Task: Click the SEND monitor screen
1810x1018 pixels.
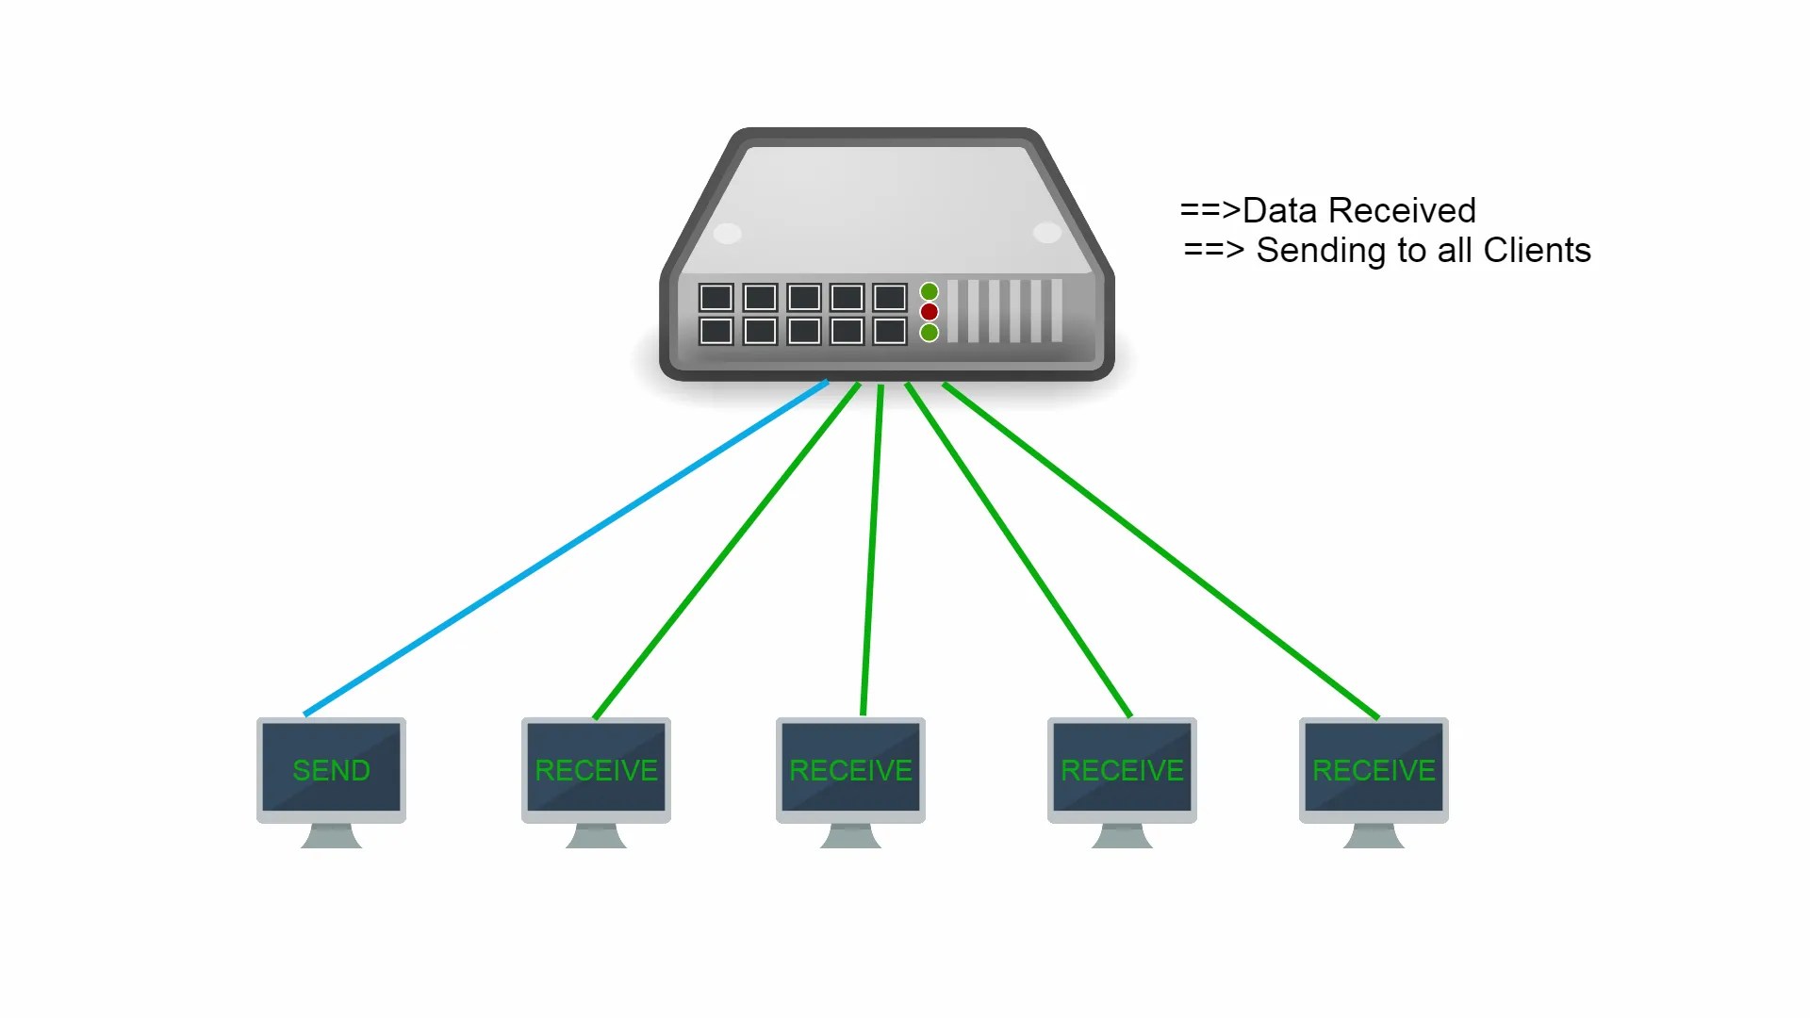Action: pos(331,767)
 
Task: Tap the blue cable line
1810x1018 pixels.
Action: pos(566,548)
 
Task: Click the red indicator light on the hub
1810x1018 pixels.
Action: pos(930,312)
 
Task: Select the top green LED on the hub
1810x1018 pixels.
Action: pos(930,291)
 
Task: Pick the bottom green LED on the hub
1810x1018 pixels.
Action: pos(930,333)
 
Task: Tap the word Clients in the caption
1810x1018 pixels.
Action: pos(1537,251)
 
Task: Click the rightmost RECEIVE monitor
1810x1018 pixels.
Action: pos(1374,767)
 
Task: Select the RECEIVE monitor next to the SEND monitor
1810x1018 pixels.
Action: pos(596,767)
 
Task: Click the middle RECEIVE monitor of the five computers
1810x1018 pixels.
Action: pos(850,767)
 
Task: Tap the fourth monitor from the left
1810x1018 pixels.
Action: pos(1122,767)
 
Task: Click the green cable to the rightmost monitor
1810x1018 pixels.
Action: pos(1160,550)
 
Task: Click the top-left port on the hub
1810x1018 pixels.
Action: pos(716,298)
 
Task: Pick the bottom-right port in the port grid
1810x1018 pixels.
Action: pos(890,331)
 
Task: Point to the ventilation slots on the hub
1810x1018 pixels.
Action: pos(1005,311)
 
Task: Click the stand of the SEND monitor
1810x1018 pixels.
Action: pos(331,836)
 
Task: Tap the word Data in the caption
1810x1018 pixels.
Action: pos(1279,210)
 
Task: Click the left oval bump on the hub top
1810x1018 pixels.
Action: pos(728,232)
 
